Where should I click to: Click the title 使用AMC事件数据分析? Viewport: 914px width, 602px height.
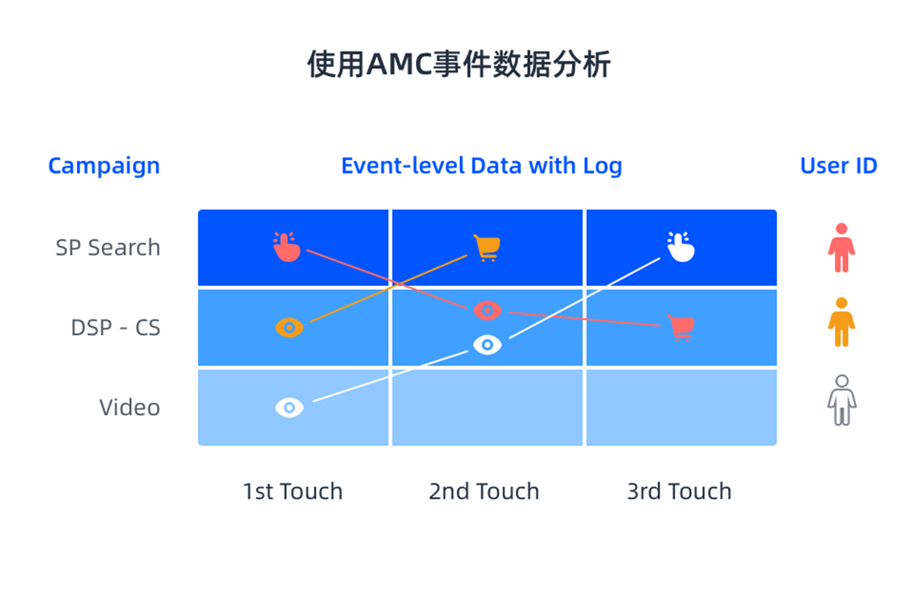(459, 64)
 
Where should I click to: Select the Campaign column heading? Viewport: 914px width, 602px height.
(104, 165)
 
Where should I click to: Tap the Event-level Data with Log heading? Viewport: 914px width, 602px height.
(481, 165)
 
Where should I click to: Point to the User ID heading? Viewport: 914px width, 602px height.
(839, 165)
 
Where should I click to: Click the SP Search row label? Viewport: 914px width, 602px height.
(108, 248)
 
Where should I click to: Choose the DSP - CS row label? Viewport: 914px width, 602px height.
(116, 328)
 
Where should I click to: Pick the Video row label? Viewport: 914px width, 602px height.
(129, 408)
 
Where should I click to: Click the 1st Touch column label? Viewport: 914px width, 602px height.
(292, 491)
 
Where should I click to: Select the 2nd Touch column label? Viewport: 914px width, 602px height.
(484, 491)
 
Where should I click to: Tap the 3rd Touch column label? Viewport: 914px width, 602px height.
(679, 491)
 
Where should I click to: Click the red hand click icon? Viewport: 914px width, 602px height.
(287, 247)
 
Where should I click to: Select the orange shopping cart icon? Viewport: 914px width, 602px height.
(487, 248)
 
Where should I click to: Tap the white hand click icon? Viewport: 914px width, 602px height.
(681, 247)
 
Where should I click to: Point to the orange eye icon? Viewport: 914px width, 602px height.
(289, 328)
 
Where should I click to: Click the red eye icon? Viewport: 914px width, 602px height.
(487, 311)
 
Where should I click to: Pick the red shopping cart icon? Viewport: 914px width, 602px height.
(681, 328)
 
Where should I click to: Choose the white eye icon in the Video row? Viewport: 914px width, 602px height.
(289, 408)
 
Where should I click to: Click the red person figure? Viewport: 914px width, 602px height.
(842, 248)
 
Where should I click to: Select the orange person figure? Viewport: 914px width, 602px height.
(842, 322)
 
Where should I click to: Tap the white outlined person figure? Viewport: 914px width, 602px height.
(842, 400)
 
